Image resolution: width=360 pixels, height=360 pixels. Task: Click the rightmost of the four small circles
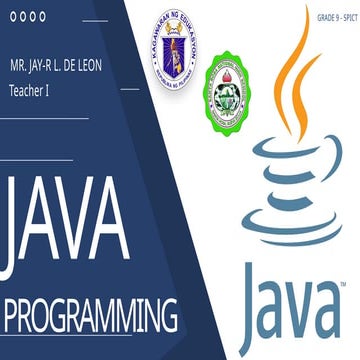(41, 16)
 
